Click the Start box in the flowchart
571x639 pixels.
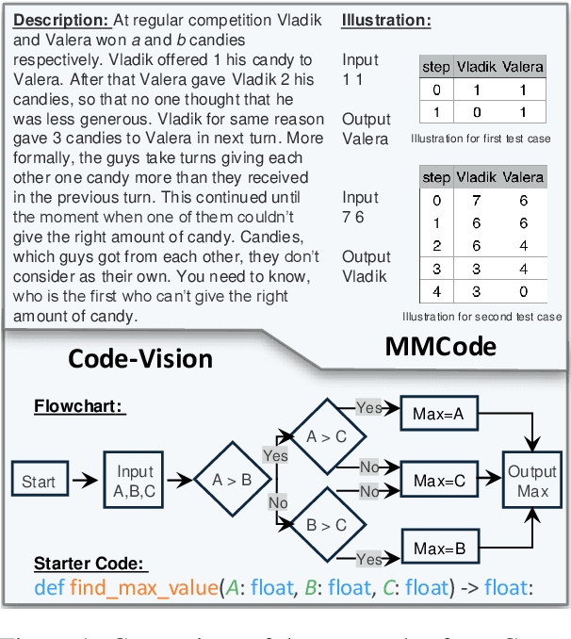coord(39,481)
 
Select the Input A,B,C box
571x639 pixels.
coord(135,481)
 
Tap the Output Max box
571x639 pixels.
coord(532,481)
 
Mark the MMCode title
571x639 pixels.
coord(441,347)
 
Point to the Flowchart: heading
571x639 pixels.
coord(80,406)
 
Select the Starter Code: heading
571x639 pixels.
coord(90,564)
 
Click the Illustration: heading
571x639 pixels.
coord(386,20)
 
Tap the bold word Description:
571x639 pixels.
coord(60,20)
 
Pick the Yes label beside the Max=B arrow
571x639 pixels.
coord(367,559)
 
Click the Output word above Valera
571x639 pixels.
coord(366,120)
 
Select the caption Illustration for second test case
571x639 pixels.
coord(481,317)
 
